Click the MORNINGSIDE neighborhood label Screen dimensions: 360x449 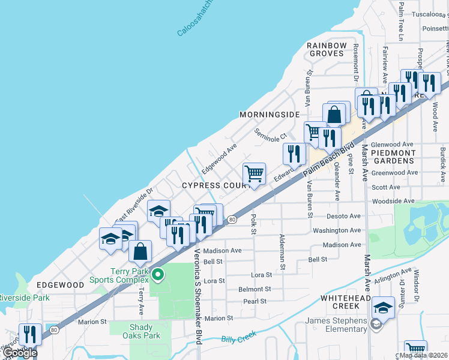click(269, 114)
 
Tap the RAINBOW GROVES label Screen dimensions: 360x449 click(327, 49)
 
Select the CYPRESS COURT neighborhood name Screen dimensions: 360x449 click(217, 185)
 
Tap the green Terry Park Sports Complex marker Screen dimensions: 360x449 click(158, 275)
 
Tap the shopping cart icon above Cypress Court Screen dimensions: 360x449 click(255, 174)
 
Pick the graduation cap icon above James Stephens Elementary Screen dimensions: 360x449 click(382, 308)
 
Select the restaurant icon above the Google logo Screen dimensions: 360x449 click(29, 335)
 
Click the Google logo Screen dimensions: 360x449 click(19, 353)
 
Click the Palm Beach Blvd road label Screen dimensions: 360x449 click(332, 158)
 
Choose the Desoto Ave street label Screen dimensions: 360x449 click(343, 216)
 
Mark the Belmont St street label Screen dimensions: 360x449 click(255, 289)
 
